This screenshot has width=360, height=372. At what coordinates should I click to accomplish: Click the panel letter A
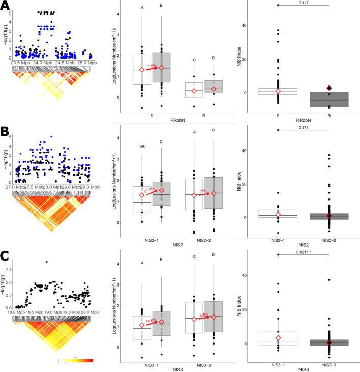pyautogui.click(x=6, y=6)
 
